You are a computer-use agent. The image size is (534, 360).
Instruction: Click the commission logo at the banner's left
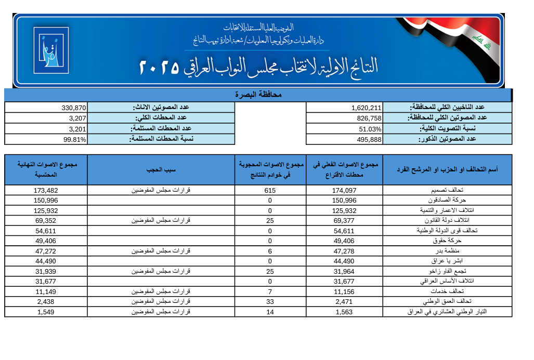[50, 50]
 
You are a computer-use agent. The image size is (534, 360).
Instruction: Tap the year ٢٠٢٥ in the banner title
[159, 66]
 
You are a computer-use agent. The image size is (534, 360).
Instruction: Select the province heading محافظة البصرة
[259, 95]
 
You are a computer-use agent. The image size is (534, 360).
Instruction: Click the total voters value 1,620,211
[367, 108]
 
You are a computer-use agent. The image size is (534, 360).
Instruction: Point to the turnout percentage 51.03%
[370, 129]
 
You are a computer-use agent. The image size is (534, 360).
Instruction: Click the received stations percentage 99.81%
[75, 139]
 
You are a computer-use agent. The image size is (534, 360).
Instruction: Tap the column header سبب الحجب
[161, 169]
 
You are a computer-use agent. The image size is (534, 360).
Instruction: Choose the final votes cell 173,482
[46, 190]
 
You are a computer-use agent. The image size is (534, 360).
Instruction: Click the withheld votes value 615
[270, 190]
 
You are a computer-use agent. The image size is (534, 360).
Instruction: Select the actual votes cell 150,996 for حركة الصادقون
[344, 201]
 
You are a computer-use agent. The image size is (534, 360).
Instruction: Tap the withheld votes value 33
[270, 302]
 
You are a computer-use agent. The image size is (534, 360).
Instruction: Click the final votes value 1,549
[46, 312]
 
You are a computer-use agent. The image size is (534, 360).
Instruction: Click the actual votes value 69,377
[344, 221]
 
